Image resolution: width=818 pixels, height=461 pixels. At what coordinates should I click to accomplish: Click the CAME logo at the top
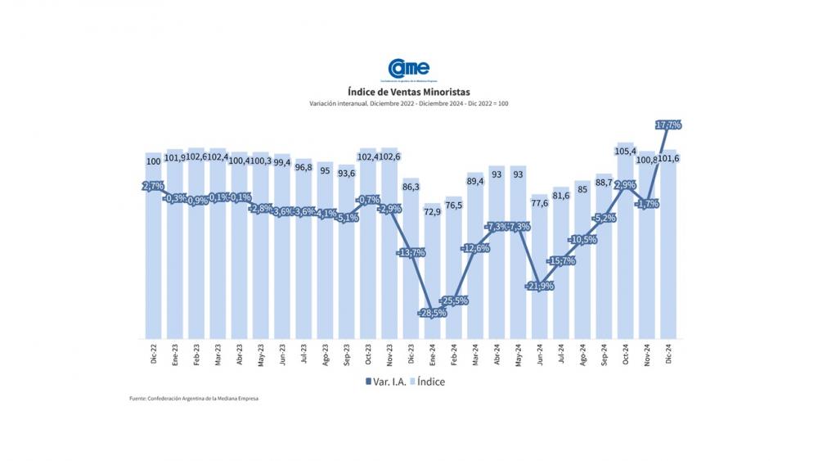click(x=408, y=70)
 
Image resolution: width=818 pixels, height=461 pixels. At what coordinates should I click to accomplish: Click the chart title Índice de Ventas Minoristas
click(x=408, y=93)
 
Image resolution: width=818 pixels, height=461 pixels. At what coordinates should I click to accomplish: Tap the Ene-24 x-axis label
click(x=434, y=357)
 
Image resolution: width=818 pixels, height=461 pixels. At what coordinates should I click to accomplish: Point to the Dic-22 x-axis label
click(x=153, y=357)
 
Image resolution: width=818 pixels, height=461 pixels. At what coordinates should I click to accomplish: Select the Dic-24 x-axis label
click(x=669, y=357)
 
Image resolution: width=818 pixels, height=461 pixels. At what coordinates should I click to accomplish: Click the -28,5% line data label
click(x=433, y=313)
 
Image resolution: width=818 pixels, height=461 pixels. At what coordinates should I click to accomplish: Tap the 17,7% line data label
click(x=669, y=124)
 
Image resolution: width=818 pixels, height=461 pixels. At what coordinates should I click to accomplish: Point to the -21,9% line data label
click(x=540, y=286)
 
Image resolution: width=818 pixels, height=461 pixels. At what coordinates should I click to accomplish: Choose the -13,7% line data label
click(x=411, y=253)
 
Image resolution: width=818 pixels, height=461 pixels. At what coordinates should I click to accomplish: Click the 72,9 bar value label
click(x=433, y=211)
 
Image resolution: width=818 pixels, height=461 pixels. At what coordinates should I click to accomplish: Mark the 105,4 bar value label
click(x=626, y=151)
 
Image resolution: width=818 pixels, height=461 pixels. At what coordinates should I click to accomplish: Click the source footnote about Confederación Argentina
click(x=199, y=399)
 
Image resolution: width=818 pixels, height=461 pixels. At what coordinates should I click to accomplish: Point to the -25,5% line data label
click(x=454, y=301)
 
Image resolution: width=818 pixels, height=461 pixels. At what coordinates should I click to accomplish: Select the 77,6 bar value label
click(x=540, y=202)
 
